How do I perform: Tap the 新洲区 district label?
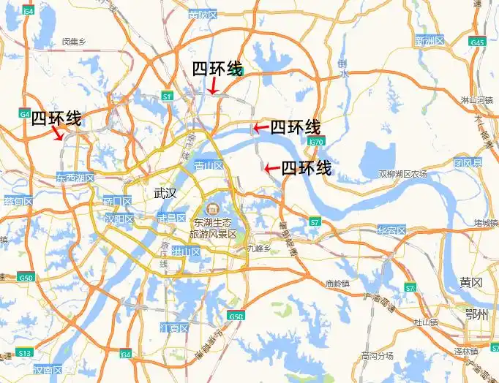(x=429, y=40)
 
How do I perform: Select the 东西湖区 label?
(x=75, y=178)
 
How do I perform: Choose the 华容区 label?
(x=391, y=230)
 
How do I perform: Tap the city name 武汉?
(x=166, y=194)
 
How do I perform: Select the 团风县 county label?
(x=468, y=162)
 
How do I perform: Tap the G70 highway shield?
(x=316, y=141)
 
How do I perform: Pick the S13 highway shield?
(x=25, y=353)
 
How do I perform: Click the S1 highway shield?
(x=168, y=96)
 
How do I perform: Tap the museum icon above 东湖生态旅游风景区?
(x=214, y=209)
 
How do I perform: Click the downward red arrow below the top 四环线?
(x=212, y=86)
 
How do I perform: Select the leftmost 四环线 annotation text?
(x=56, y=118)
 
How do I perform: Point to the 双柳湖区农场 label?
(x=402, y=174)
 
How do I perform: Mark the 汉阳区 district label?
(x=119, y=219)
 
